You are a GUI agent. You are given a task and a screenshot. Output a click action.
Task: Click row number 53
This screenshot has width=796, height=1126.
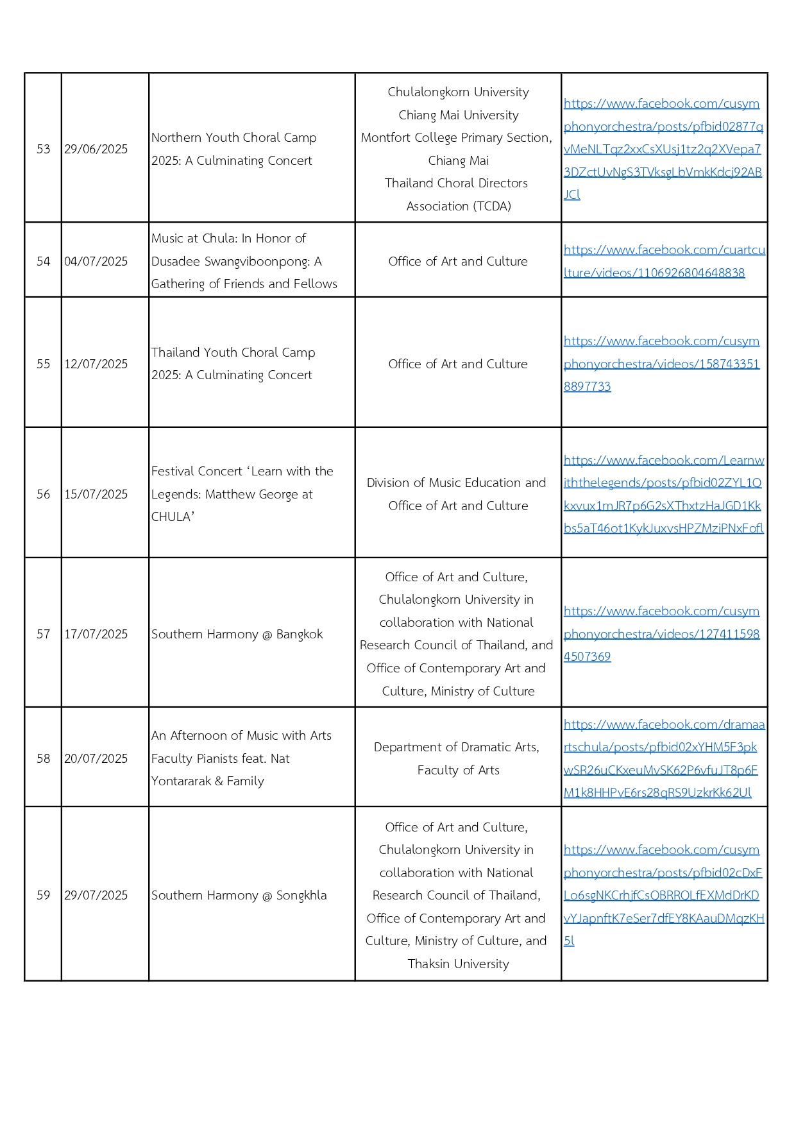pyautogui.click(x=43, y=149)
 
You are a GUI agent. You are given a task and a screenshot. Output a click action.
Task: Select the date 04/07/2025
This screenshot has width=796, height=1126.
pyautogui.click(x=96, y=261)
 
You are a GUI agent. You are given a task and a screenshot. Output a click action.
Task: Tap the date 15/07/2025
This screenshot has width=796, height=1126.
pyautogui.click(x=96, y=494)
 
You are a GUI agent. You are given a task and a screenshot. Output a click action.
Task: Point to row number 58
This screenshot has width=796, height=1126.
pyautogui.click(x=43, y=758)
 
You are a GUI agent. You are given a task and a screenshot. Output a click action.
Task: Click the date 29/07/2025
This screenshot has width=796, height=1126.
pyautogui.click(x=96, y=895)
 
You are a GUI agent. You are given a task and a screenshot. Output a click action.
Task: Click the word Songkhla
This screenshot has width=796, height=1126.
pyautogui.click(x=301, y=895)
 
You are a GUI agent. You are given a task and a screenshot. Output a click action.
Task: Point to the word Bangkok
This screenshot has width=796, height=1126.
pyautogui.click(x=299, y=634)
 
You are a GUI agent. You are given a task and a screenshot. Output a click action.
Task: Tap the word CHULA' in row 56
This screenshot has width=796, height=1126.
pyautogui.click(x=173, y=516)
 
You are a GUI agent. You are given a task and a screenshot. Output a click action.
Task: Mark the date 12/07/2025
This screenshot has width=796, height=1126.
pyautogui.click(x=96, y=364)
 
